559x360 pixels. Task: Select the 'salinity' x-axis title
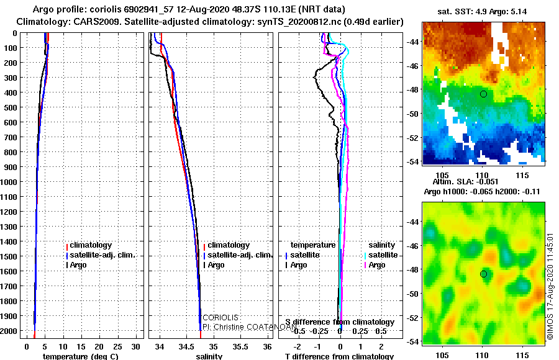[x=209, y=356]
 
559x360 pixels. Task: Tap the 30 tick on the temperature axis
[x=137, y=346]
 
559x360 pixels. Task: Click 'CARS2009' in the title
[x=83, y=22]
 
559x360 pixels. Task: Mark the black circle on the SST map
[x=483, y=94]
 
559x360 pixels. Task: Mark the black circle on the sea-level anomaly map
[x=483, y=274]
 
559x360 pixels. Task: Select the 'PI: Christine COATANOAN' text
[x=244, y=326]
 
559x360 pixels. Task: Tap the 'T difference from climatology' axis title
[x=339, y=356]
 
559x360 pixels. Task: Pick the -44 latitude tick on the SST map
[x=413, y=42]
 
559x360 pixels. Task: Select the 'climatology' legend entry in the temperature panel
[x=91, y=245]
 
